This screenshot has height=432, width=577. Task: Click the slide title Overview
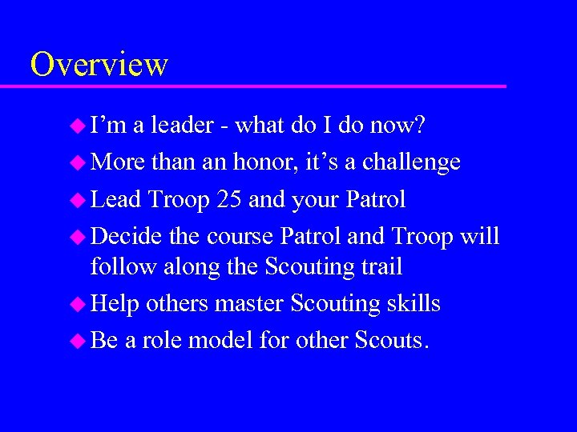(x=99, y=64)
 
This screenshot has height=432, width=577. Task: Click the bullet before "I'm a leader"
(x=77, y=126)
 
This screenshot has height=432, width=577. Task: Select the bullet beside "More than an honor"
(x=77, y=162)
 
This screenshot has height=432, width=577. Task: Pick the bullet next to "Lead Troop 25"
(x=77, y=199)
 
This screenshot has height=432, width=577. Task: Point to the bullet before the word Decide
(x=77, y=237)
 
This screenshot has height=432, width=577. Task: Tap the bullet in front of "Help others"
(x=77, y=304)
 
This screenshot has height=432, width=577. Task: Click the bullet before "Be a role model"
(x=77, y=341)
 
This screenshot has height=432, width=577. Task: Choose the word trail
(x=377, y=266)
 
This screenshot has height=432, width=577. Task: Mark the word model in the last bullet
(x=222, y=341)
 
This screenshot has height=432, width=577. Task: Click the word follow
(x=123, y=266)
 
